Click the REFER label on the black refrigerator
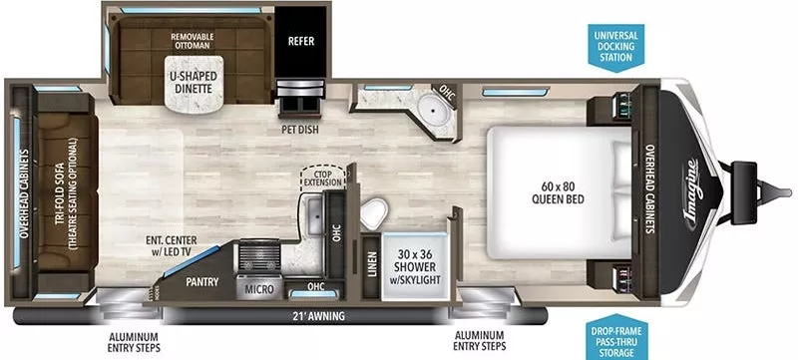[x=301, y=42]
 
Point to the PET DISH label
[x=300, y=129]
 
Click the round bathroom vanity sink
[x=436, y=107]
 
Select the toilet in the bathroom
[x=376, y=211]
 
